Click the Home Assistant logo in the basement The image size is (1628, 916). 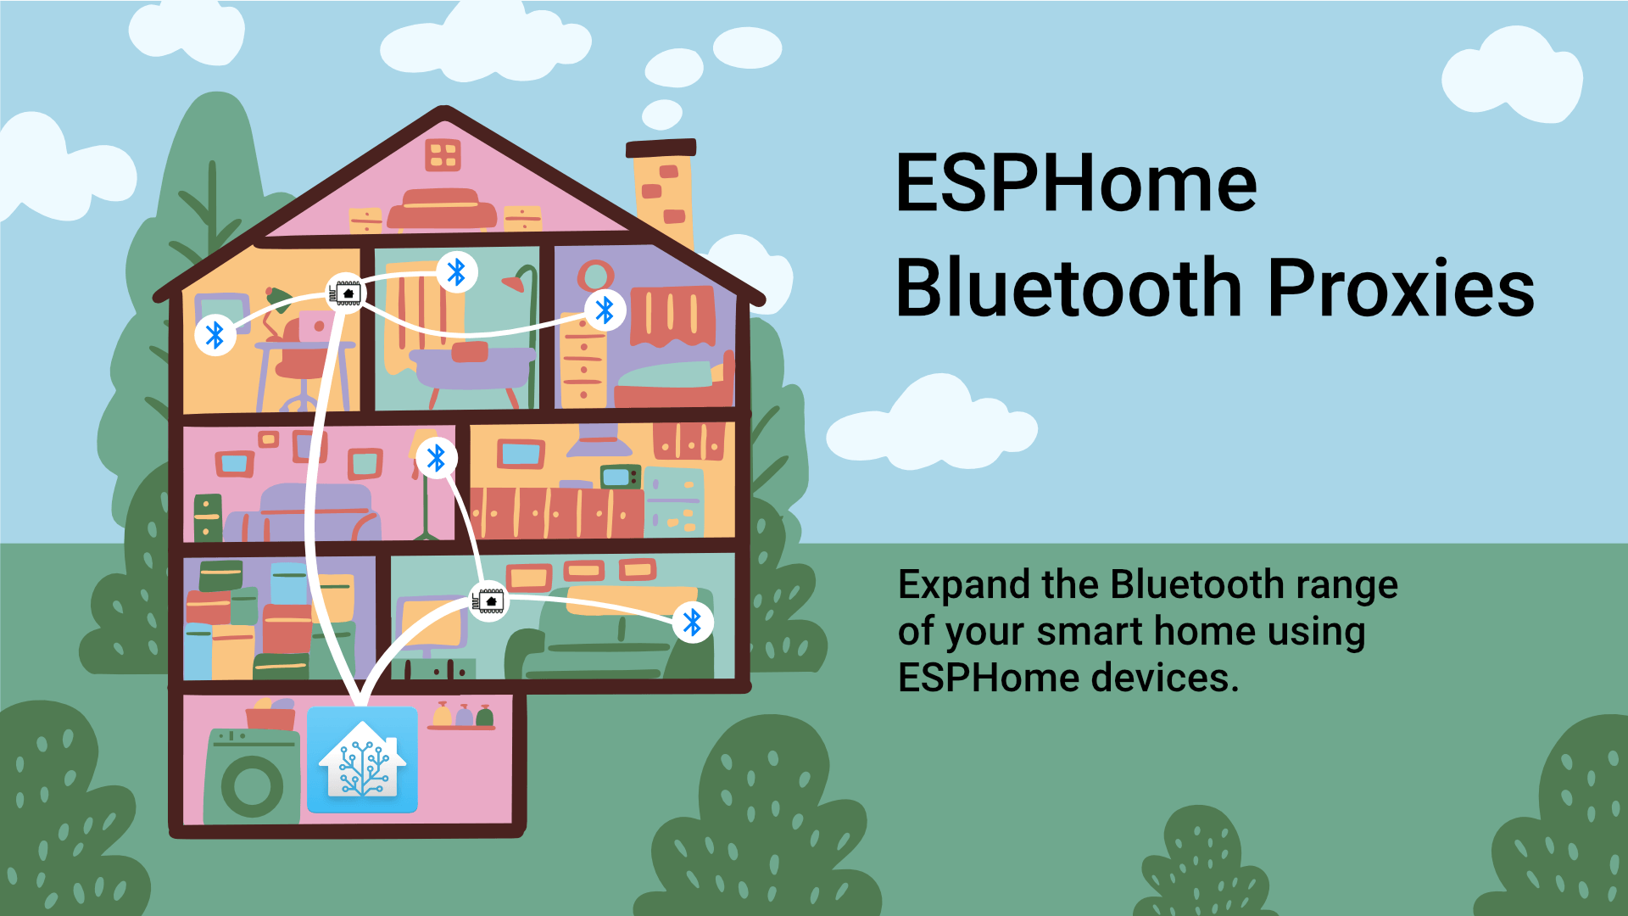(x=362, y=760)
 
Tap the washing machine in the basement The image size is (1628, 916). (x=253, y=779)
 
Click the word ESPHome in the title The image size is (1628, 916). (x=1075, y=184)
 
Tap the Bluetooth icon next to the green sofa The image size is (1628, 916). (x=693, y=623)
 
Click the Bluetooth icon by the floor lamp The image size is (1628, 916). (x=437, y=459)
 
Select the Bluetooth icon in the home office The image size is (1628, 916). (x=215, y=335)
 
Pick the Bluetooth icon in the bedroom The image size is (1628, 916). (x=605, y=310)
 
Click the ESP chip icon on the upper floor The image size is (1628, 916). (x=346, y=293)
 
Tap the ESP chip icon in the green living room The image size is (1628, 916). (x=488, y=601)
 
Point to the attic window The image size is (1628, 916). (x=443, y=155)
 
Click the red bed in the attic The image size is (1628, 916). (x=441, y=210)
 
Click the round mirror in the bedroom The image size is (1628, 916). (x=596, y=276)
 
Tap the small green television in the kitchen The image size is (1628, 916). (x=620, y=478)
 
